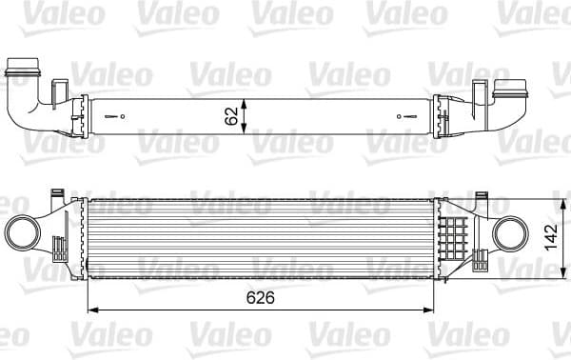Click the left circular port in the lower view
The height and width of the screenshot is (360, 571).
tap(22, 234)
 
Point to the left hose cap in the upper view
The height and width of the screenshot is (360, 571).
tap(21, 70)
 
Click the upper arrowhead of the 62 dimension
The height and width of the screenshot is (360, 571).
tap(246, 100)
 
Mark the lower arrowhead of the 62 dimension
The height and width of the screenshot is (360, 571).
tap(246, 130)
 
